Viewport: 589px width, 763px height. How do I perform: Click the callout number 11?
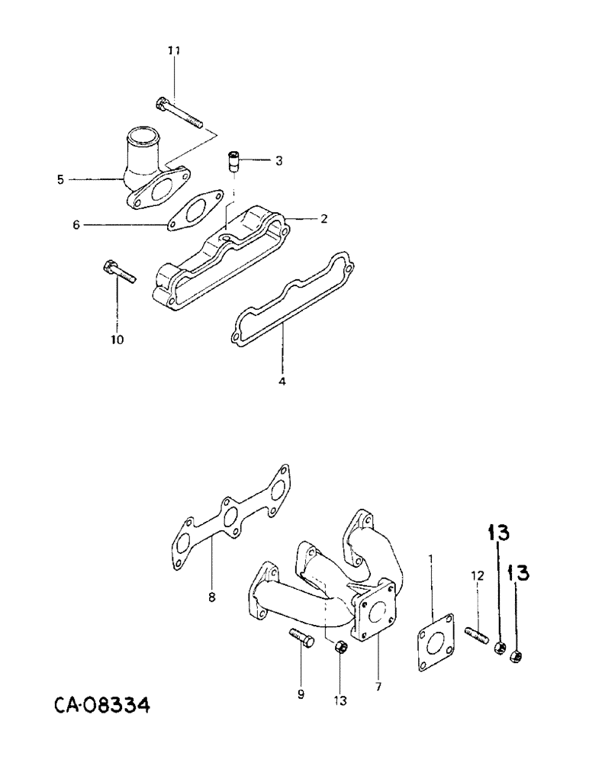(174, 50)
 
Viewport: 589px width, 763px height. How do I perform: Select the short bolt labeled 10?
(117, 273)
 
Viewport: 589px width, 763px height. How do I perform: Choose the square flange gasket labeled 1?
(436, 641)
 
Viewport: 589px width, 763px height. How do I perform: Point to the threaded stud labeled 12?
(475, 633)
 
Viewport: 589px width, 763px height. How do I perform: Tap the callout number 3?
(279, 161)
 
